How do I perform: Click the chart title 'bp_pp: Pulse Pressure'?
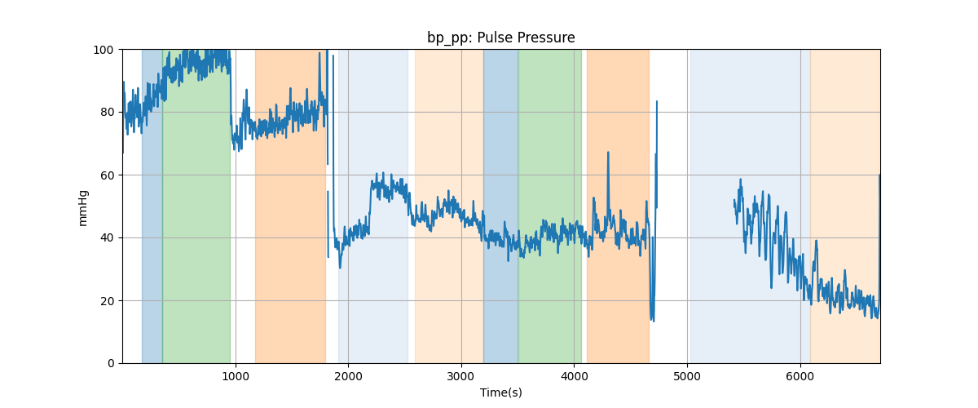pos(500,38)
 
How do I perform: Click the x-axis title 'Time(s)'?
pos(500,392)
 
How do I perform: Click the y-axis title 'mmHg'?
pos(82,206)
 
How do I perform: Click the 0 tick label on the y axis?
pos(112,363)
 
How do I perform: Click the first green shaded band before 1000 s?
pos(196,204)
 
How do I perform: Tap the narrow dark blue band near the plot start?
pos(152,204)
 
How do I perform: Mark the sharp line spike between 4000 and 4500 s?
pos(607,153)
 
